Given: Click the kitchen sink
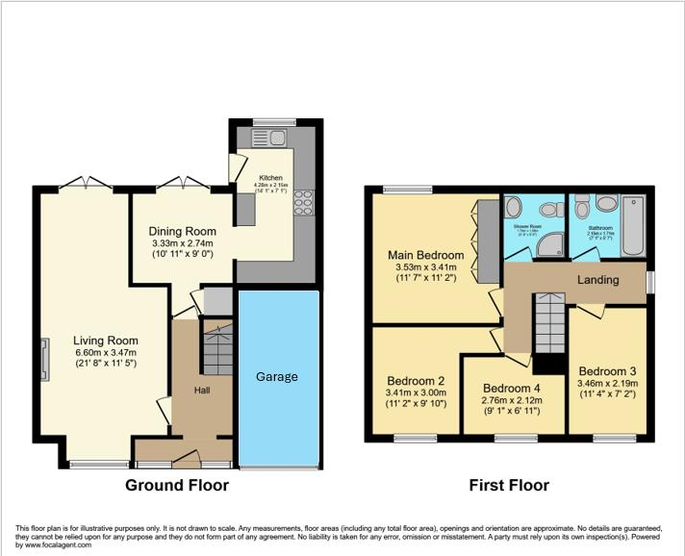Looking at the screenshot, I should pos(265,139).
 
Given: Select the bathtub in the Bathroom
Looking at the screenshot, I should pos(634,225).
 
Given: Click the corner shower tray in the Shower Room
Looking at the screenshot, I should pos(549,245).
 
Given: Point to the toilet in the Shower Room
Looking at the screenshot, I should pos(513,208).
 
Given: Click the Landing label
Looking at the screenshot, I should pos(598,279).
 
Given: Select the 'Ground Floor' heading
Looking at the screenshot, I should pos(177,485).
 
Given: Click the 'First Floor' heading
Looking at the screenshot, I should pos(509,485).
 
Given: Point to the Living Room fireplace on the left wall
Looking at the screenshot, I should pos(44,358).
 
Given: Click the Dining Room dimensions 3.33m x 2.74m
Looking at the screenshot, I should pos(182,245).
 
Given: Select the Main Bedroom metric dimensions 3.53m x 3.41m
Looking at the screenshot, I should pos(425,268).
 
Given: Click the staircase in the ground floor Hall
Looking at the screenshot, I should pos(216,350).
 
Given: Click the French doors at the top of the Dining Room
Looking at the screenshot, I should pos(183,184).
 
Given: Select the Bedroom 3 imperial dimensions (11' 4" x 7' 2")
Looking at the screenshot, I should pos(607,393).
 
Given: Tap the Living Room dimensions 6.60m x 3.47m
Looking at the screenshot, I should pos(105,353).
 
